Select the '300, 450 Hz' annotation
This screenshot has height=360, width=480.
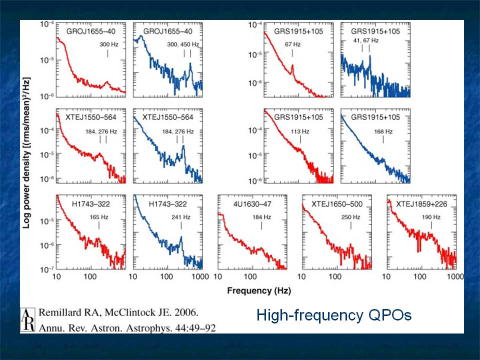click(x=183, y=44)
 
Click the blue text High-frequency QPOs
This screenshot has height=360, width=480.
click(x=334, y=315)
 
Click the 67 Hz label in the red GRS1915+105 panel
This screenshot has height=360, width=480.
click(x=293, y=44)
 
